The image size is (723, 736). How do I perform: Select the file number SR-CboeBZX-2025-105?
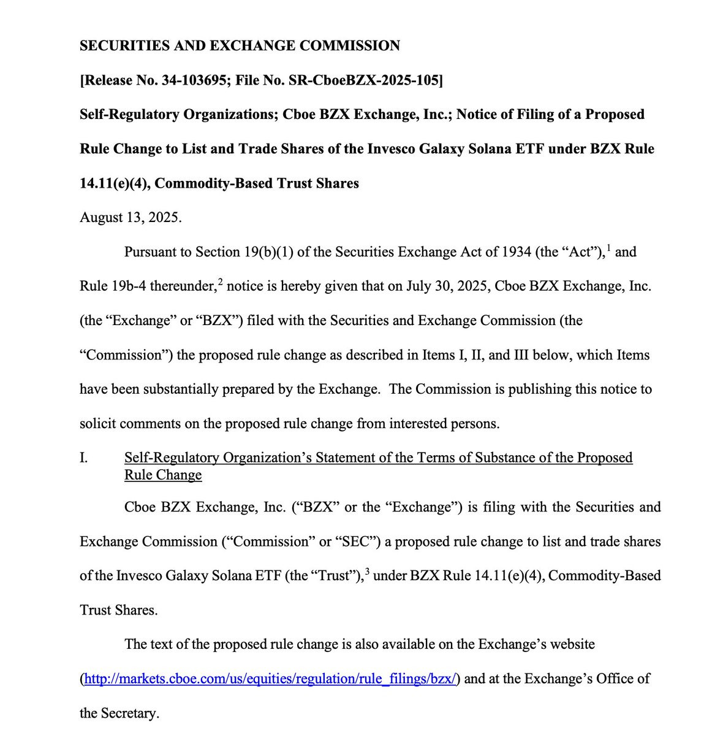tap(376, 80)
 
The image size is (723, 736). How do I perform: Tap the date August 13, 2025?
tap(131, 218)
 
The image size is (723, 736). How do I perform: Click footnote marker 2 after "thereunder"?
tap(221, 281)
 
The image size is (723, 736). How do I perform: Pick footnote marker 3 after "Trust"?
tap(367, 570)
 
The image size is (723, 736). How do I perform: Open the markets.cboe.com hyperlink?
tap(270, 679)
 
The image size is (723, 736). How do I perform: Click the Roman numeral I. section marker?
tap(83, 458)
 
